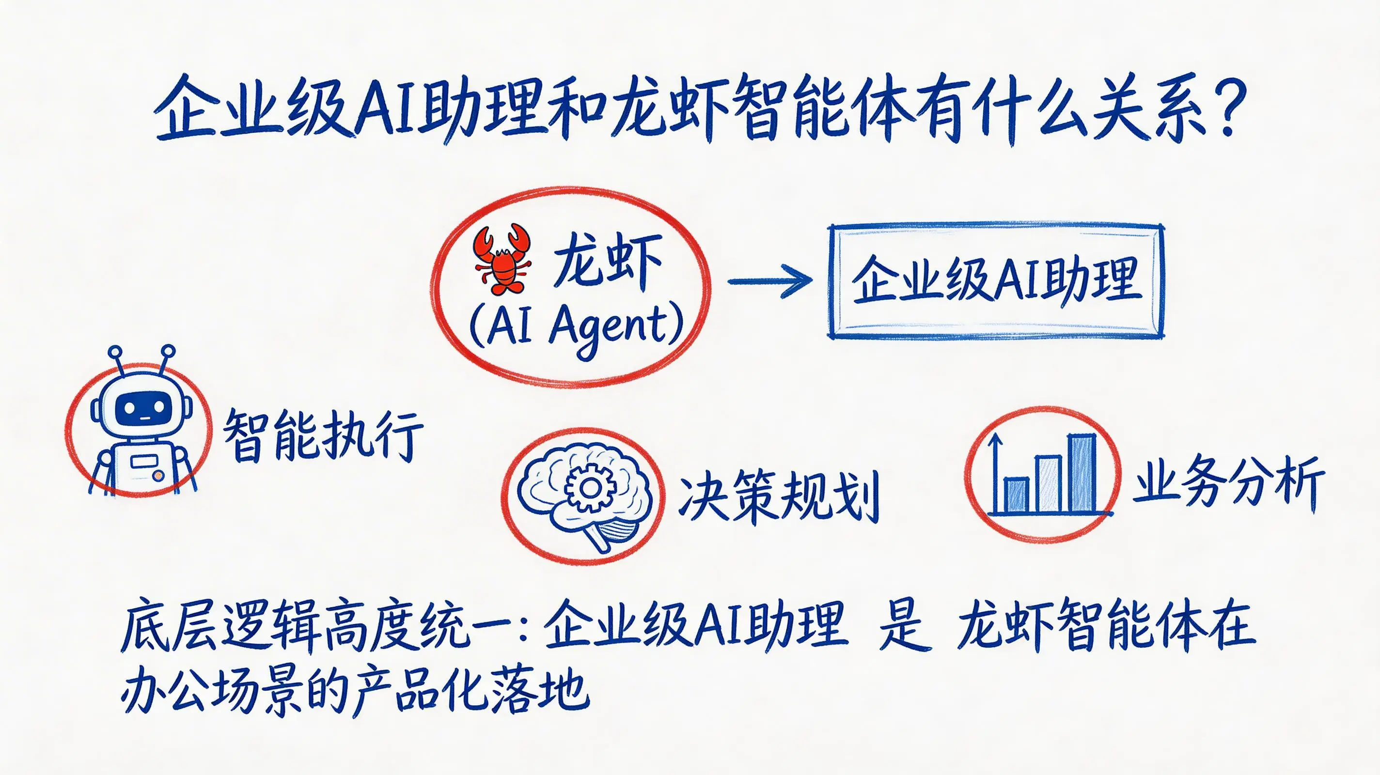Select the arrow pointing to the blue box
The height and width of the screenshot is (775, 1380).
pos(770,280)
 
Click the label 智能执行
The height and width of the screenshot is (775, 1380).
pos(323,434)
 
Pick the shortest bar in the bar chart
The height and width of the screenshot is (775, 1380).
pos(1015,496)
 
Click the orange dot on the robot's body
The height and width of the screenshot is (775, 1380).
pos(157,475)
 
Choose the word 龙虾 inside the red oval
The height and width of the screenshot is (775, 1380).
pos(607,261)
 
